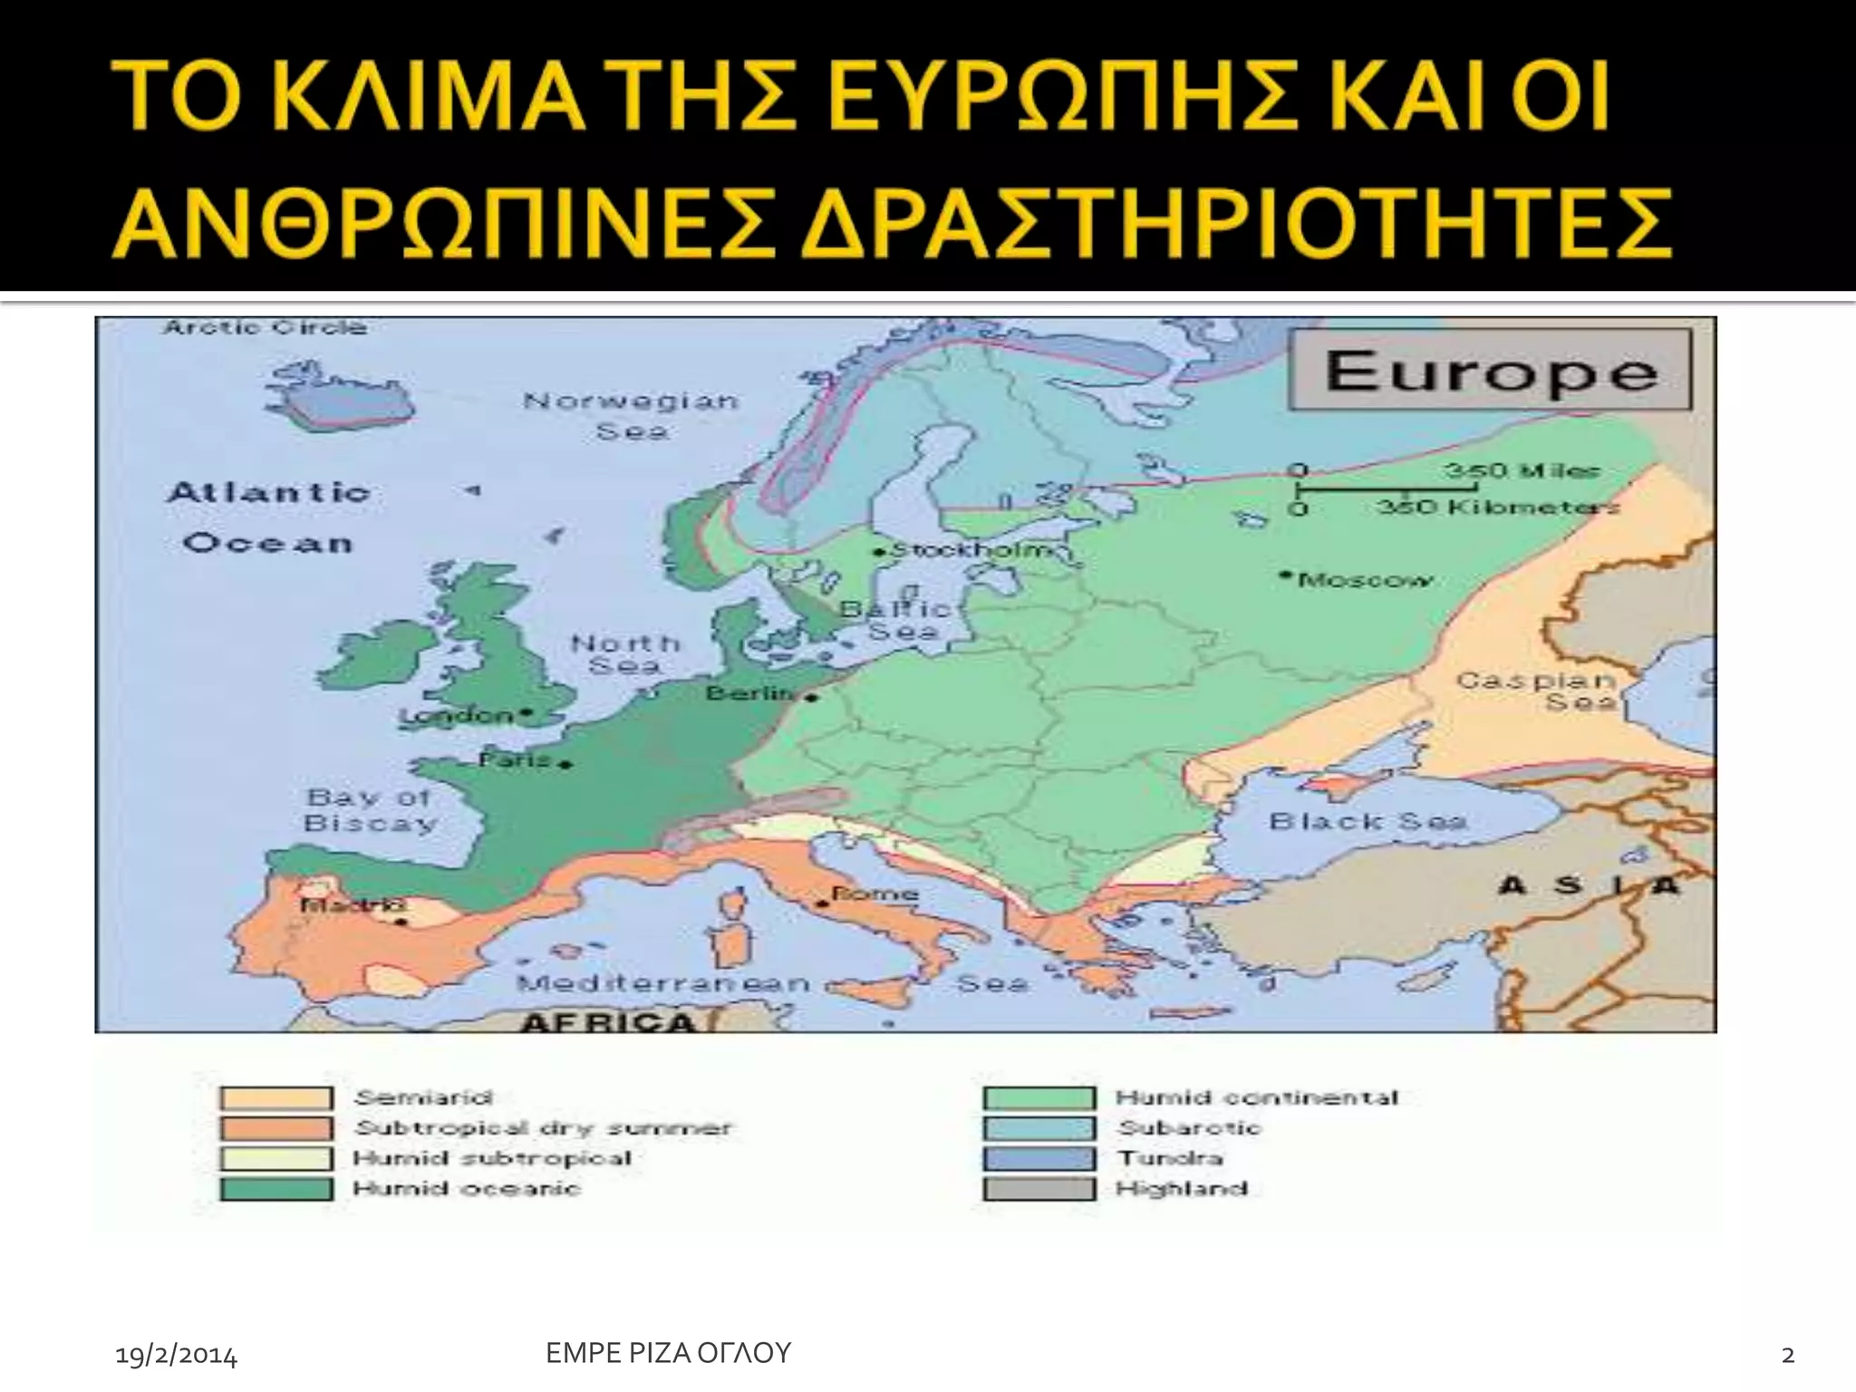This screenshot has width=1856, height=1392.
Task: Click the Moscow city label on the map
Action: pos(1366,580)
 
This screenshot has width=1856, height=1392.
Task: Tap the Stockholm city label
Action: pos(972,550)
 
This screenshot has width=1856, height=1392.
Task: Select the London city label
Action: pos(458,716)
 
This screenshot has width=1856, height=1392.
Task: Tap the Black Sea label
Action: pos(1368,822)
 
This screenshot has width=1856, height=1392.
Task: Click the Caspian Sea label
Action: pos(1536,691)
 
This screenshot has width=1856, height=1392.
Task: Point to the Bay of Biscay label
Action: pos(371,810)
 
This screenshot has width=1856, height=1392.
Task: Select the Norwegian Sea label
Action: pos(631,415)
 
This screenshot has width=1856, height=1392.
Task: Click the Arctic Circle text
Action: pos(266,327)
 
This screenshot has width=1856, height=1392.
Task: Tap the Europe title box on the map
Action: pos(1491,371)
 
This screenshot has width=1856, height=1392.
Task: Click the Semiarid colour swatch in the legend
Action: pos(275,1098)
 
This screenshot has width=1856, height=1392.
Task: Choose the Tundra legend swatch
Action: pos(1039,1158)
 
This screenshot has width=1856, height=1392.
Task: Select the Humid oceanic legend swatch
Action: pos(275,1189)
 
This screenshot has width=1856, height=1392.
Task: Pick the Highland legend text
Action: pos(1182,1189)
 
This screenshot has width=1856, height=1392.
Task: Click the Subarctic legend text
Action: pos(1189,1128)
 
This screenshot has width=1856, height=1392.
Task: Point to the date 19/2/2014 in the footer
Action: pos(177,1356)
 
